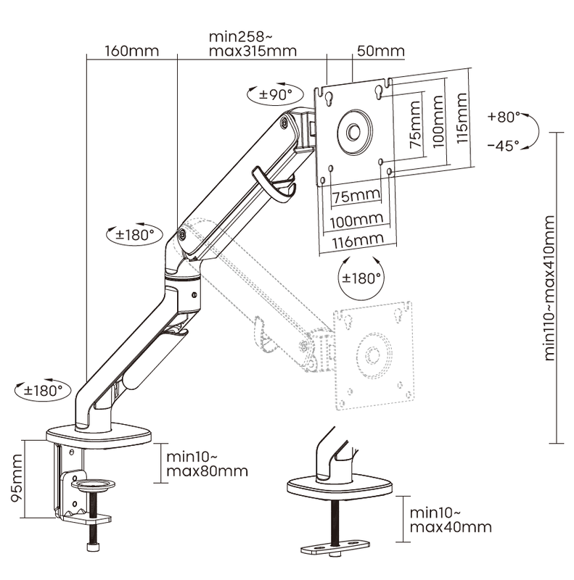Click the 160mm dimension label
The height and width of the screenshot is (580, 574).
[131, 51]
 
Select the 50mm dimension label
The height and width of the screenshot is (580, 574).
[380, 51]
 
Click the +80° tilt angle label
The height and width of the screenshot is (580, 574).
[506, 116]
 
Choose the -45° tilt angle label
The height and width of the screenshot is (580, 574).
[503, 145]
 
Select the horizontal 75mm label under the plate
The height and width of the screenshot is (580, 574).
[357, 195]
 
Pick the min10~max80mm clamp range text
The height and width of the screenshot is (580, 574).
[207, 464]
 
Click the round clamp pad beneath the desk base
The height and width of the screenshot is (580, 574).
[96, 483]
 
